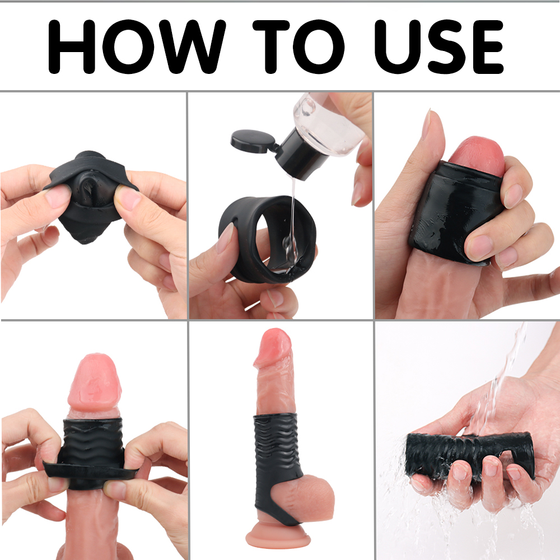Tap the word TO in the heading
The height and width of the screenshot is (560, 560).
[298, 47]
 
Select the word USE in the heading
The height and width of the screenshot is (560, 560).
[439, 47]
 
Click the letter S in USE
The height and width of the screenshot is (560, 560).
[447, 47]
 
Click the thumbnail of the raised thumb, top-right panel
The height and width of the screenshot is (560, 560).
[426, 124]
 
